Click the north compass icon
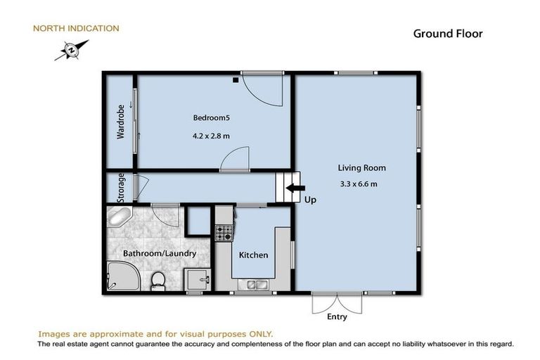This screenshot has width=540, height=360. pos(71,50)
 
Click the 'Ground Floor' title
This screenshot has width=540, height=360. pos(447,34)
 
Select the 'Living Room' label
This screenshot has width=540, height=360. pos(361,168)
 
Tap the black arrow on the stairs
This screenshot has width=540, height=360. pos(295,188)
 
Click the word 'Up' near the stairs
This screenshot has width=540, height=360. pos(310,200)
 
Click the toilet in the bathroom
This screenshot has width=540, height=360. pos(158,281)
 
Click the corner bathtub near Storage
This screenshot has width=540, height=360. pos(119,217)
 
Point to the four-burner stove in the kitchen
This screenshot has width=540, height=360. pos(224,231)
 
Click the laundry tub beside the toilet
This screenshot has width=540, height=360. pos(197,278)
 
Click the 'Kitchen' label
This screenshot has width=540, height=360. pos(253,255)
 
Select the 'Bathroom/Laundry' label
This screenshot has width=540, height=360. pos(159,253)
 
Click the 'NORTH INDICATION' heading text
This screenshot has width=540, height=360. pos(76,29)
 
